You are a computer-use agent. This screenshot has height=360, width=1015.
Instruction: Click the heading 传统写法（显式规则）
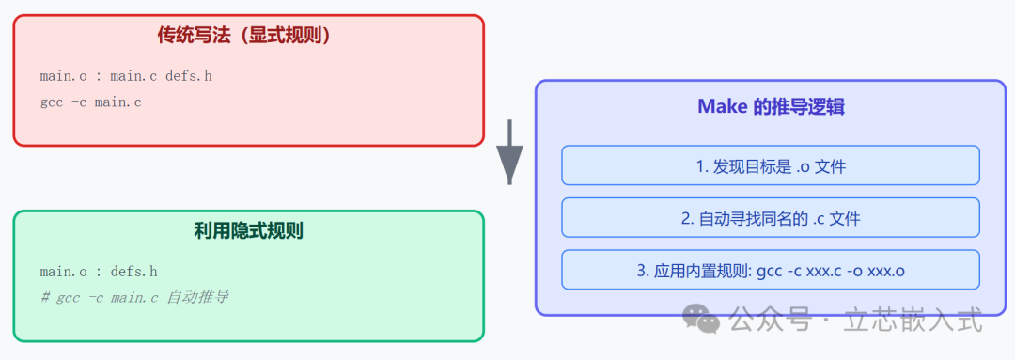coord(248,36)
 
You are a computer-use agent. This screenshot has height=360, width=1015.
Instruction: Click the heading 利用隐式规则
coord(248,230)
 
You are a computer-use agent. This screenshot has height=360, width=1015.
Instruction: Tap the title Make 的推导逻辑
coord(771,106)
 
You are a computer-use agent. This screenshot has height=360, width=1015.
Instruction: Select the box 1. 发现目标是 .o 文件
coord(771,165)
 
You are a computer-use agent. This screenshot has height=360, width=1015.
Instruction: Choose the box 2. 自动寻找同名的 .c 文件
coord(771,218)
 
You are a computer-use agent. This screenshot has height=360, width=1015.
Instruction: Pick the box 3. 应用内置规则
coord(771,271)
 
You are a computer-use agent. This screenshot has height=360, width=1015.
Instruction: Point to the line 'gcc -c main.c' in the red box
coord(91,102)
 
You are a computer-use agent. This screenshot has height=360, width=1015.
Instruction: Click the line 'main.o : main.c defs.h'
coord(126,76)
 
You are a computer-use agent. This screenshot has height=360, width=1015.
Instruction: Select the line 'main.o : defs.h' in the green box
coord(99,272)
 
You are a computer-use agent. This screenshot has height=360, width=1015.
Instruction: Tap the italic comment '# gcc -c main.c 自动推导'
coord(134,297)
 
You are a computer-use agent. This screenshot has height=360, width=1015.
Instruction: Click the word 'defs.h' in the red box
coord(189,76)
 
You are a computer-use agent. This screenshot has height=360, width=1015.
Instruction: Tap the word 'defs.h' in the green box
coord(133,272)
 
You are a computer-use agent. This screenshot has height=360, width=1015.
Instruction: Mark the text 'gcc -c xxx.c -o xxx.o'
coord(829,271)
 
